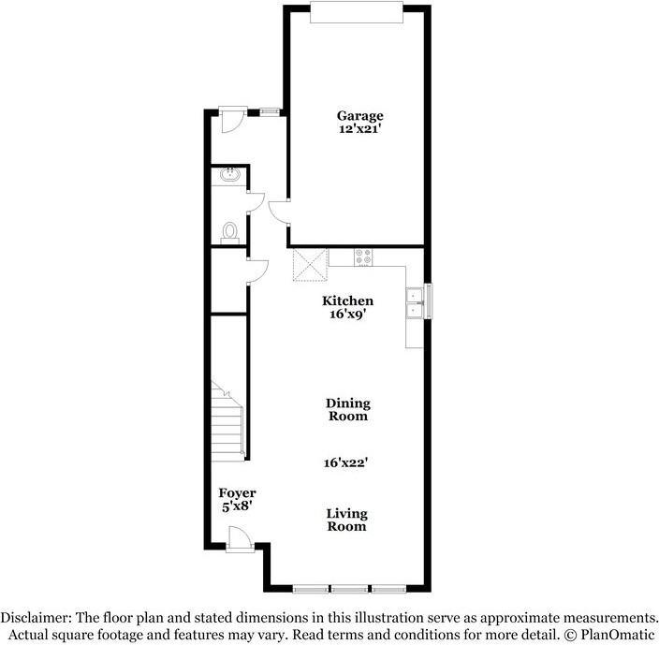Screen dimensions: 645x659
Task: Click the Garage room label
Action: (x=360, y=116)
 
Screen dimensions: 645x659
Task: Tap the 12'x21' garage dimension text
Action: (x=360, y=130)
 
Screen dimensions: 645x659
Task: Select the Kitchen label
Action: (x=348, y=301)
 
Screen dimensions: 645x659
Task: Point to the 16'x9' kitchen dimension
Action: (x=348, y=315)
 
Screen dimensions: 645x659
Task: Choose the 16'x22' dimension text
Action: (x=348, y=462)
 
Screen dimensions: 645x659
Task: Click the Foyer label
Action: (x=237, y=492)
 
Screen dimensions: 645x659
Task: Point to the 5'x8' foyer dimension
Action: (x=236, y=506)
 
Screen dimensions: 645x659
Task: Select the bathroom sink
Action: (x=229, y=175)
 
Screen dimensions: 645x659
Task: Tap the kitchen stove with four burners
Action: (x=364, y=258)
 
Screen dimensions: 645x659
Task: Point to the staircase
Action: (x=228, y=421)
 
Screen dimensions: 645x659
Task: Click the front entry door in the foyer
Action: (x=240, y=538)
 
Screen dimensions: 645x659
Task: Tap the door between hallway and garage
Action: (x=278, y=211)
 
